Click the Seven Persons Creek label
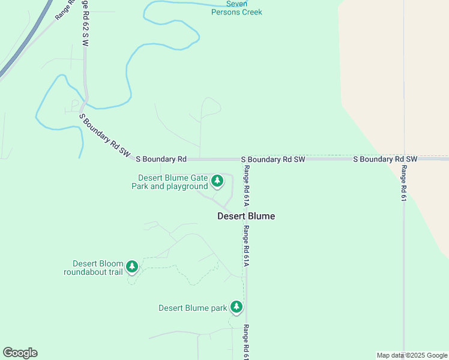pos(237,8)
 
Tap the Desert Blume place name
pos(246,216)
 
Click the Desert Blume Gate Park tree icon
pos(217,180)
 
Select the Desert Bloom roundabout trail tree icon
pos(131,266)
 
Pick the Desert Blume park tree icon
pos(237,307)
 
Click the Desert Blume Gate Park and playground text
pos(170,182)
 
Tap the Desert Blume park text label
pos(193,308)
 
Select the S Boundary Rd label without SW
pos(161,159)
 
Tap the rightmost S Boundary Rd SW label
pos(385,159)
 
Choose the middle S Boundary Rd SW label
pos(273,160)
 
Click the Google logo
pos(20,353)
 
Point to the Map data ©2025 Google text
pos(412,355)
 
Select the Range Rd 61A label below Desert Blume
pos(246,246)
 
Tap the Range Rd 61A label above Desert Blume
pos(246,184)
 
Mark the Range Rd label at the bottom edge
pos(246,342)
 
